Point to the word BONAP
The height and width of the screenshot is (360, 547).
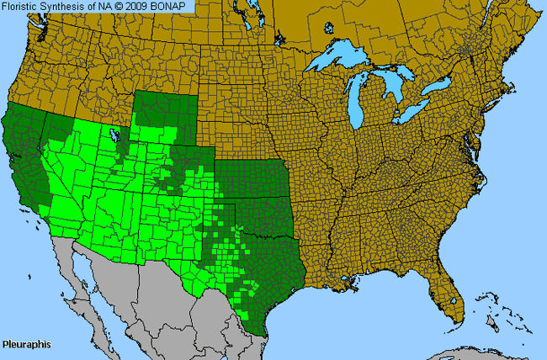click(x=179, y=7)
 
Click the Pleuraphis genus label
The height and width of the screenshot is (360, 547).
click(x=26, y=345)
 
